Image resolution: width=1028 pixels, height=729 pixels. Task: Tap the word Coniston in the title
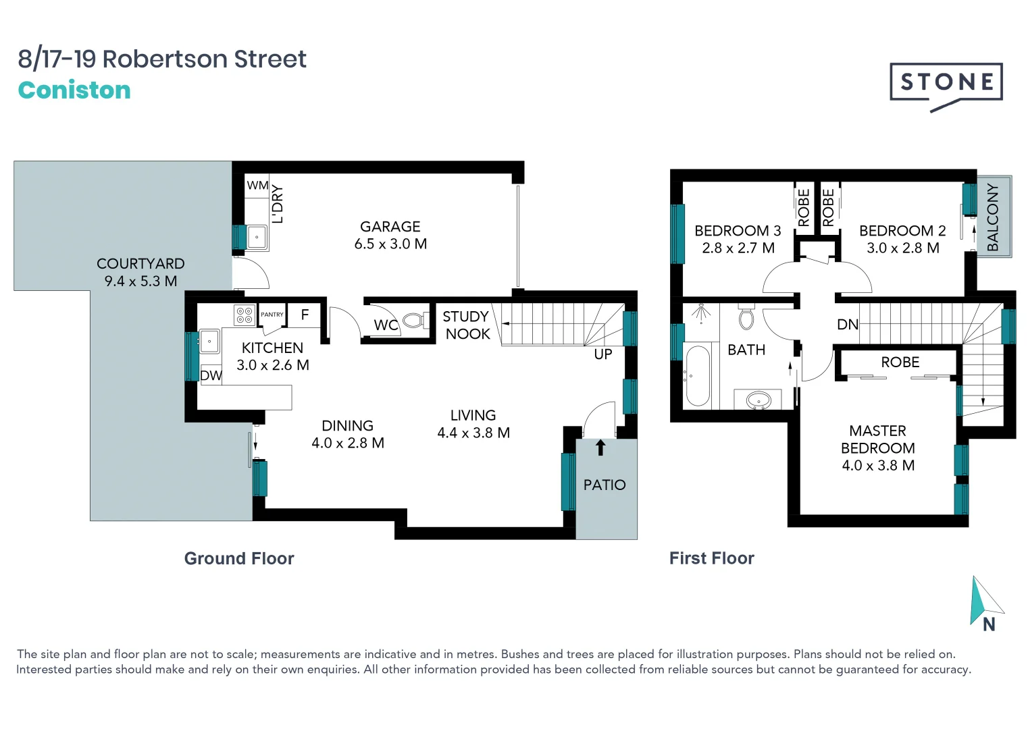tap(74, 90)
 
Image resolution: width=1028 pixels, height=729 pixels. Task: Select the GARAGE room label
tap(390, 227)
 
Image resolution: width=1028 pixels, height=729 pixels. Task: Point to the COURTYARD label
tap(140, 264)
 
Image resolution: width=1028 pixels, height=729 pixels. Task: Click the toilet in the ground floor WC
tap(414, 321)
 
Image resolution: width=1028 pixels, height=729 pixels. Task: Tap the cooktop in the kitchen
tap(244, 315)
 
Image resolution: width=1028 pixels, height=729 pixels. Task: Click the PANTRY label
tap(272, 315)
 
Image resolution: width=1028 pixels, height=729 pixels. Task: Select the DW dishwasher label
tap(211, 375)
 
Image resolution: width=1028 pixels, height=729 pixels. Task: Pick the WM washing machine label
tap(257, 186)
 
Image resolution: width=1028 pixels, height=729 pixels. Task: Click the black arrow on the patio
tap(600, 448)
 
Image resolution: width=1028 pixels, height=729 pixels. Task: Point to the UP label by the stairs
tap(603, 354)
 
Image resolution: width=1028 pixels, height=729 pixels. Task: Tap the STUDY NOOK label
tap(467, 325)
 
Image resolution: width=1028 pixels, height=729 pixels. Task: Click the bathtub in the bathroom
tap(698, 375)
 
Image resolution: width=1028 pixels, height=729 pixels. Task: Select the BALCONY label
tap(992, 217)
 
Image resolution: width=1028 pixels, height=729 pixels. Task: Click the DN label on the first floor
tap(848, 325)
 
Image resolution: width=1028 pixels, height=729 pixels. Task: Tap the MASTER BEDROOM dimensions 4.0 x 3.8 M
tap(878, 466)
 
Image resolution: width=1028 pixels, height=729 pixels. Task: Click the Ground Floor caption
tap(239, 559)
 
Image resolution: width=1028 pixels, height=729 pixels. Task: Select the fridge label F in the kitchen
tap(305, 315)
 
